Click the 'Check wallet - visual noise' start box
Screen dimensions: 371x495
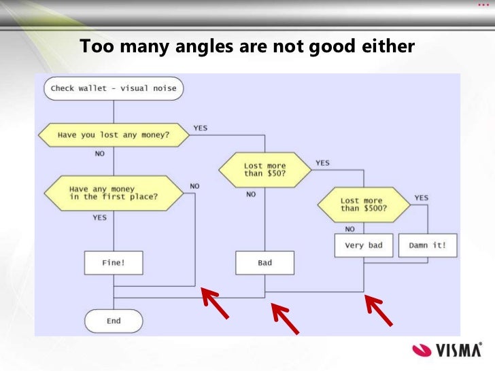114,88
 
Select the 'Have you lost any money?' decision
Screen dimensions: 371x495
114,135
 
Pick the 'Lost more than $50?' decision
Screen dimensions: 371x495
264,169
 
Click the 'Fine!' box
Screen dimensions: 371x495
113,263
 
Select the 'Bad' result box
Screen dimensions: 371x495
264,263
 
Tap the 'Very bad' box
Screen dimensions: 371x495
364,245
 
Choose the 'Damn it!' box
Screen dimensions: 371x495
428,245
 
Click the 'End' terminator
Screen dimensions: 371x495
113,321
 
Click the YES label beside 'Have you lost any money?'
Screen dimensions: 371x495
201,127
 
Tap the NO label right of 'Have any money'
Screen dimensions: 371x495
195,185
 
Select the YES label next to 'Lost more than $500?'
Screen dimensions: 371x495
422,198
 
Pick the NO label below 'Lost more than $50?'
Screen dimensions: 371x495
251,194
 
